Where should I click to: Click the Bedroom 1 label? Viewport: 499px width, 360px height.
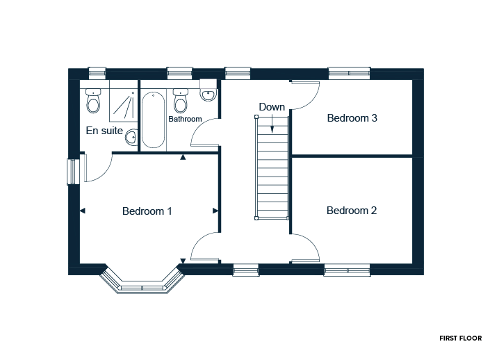[x=147, y=211]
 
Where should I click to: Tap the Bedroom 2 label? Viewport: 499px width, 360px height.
[x=352, y=211]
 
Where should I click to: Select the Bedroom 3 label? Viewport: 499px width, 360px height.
[x=352, y=118]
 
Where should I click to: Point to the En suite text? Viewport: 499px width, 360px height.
[x=104, y=131]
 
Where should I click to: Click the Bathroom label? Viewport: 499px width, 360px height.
[x=186, y=119]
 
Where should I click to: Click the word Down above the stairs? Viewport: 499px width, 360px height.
[x=272, y=107]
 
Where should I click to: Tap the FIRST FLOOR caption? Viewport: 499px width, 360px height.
[x=461, y=338]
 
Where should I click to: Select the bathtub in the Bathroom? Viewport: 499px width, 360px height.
[x=153, y=120]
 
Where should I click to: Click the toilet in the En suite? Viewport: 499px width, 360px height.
[x=93, y=101]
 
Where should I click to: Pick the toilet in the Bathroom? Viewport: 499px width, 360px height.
[x=181, y=101]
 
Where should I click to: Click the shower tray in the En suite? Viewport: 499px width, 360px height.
[x=124, y=101]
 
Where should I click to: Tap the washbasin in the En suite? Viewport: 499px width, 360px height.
[x=131, y=138]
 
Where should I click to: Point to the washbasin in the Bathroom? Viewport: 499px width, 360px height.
[x=208, y=93]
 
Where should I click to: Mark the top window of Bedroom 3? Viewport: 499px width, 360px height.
[x=349, y=73]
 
